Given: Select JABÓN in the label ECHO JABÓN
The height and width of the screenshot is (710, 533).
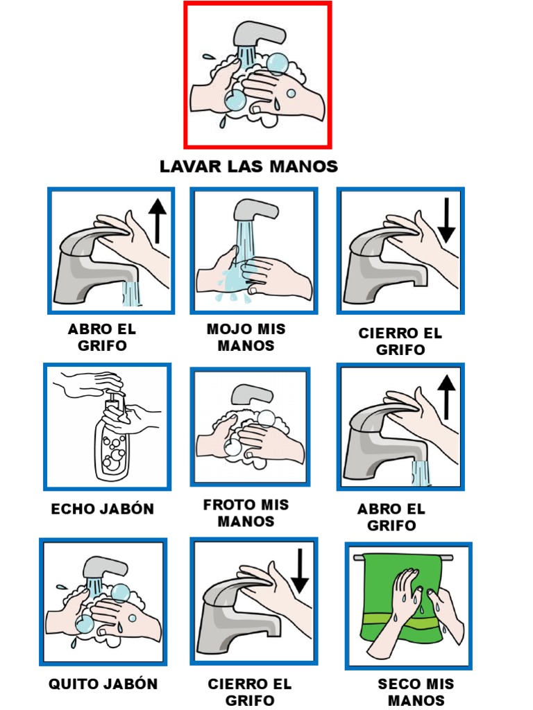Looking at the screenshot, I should tap(127, 509).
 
